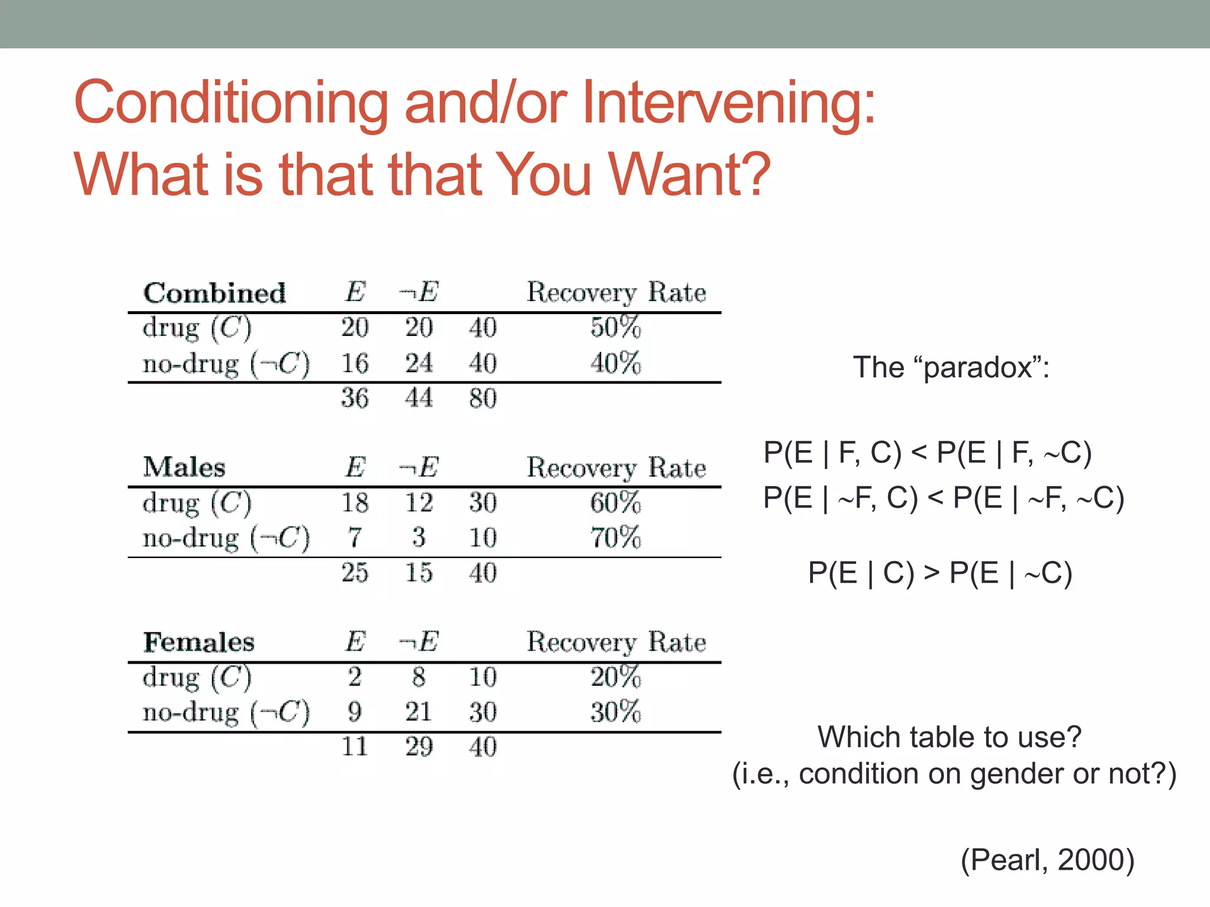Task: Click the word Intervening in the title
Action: point(728,103)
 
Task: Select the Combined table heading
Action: point(214,293)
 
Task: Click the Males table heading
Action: point(184,467)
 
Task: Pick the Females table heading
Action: point(199,642)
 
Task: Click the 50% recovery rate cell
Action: point(616,327)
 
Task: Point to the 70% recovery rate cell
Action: point(616,537)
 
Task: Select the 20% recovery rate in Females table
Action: point(616,677)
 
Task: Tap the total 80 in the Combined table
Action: point(483,398)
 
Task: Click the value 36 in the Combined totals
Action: point(354,398)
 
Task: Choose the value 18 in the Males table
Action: point(354,503)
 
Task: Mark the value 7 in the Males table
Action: point(354,537)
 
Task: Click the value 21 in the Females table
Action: point(418,712)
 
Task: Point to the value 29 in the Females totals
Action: point(418,747)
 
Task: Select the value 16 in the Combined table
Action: point(354,363)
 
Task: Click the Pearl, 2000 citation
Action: point(1048,860)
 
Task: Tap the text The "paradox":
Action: point(951,367)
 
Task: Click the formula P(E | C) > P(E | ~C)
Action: point(940,573)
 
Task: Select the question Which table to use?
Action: point(949,737)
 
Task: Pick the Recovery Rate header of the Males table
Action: point(616,468)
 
